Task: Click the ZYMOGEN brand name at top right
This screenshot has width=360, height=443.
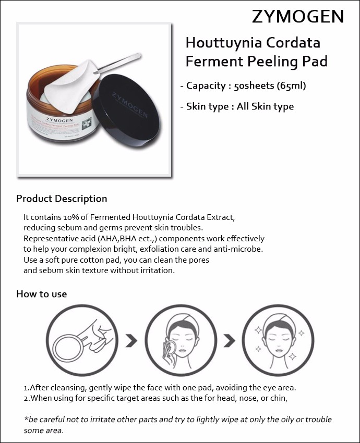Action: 298,17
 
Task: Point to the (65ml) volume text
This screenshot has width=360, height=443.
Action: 291,86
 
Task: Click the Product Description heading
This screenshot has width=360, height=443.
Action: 62,199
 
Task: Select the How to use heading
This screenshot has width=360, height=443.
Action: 42,294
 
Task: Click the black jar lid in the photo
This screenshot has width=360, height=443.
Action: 129,108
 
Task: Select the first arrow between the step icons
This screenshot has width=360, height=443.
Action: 131,341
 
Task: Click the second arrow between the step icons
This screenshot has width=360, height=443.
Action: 230,341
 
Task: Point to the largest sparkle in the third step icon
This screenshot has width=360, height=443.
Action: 292,356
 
